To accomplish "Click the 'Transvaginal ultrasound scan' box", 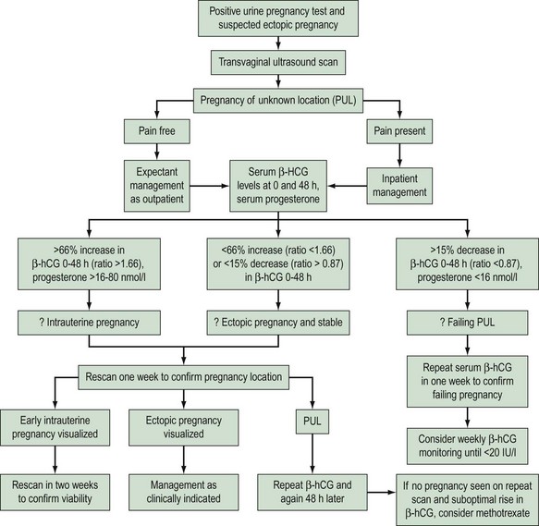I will click(x=268, y=63).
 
